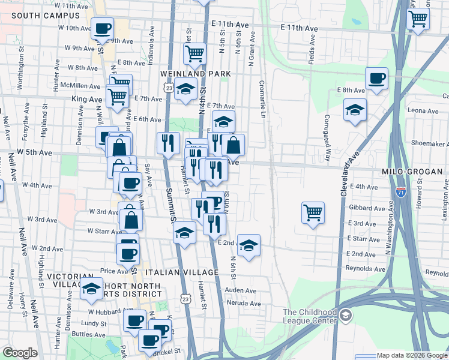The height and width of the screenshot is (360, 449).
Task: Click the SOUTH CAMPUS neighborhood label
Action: tap(37, 15)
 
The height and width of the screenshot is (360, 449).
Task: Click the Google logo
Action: tap(19, 353)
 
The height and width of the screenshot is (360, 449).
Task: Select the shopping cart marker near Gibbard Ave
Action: tap(313, 212)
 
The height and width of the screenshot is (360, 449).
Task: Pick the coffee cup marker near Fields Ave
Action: tap(377, 78)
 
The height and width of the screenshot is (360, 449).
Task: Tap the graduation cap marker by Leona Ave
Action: tap(355, 110)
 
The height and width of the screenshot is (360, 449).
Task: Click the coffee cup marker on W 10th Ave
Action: tap(103, 28)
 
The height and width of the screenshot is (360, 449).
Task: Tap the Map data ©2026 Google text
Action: tap(412, 355)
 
